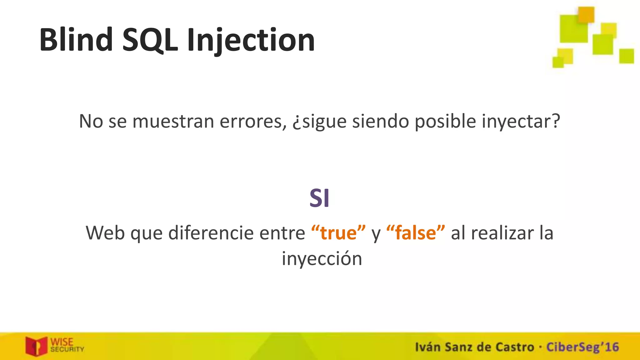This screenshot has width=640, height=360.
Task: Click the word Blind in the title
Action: pos(76,40)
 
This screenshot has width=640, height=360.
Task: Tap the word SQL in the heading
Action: pos(150,40)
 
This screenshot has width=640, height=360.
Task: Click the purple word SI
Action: pos(319,198)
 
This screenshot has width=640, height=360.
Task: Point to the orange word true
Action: pos(338,233)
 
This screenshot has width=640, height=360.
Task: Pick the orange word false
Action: pos(415,233)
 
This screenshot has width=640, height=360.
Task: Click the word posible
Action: pos(445,121)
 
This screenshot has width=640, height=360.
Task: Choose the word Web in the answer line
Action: pos(105,233)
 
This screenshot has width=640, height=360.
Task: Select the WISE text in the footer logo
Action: pos(62,342)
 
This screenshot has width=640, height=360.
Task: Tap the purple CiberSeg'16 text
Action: pos(582,347)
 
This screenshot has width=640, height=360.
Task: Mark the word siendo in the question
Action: pos(380,121)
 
